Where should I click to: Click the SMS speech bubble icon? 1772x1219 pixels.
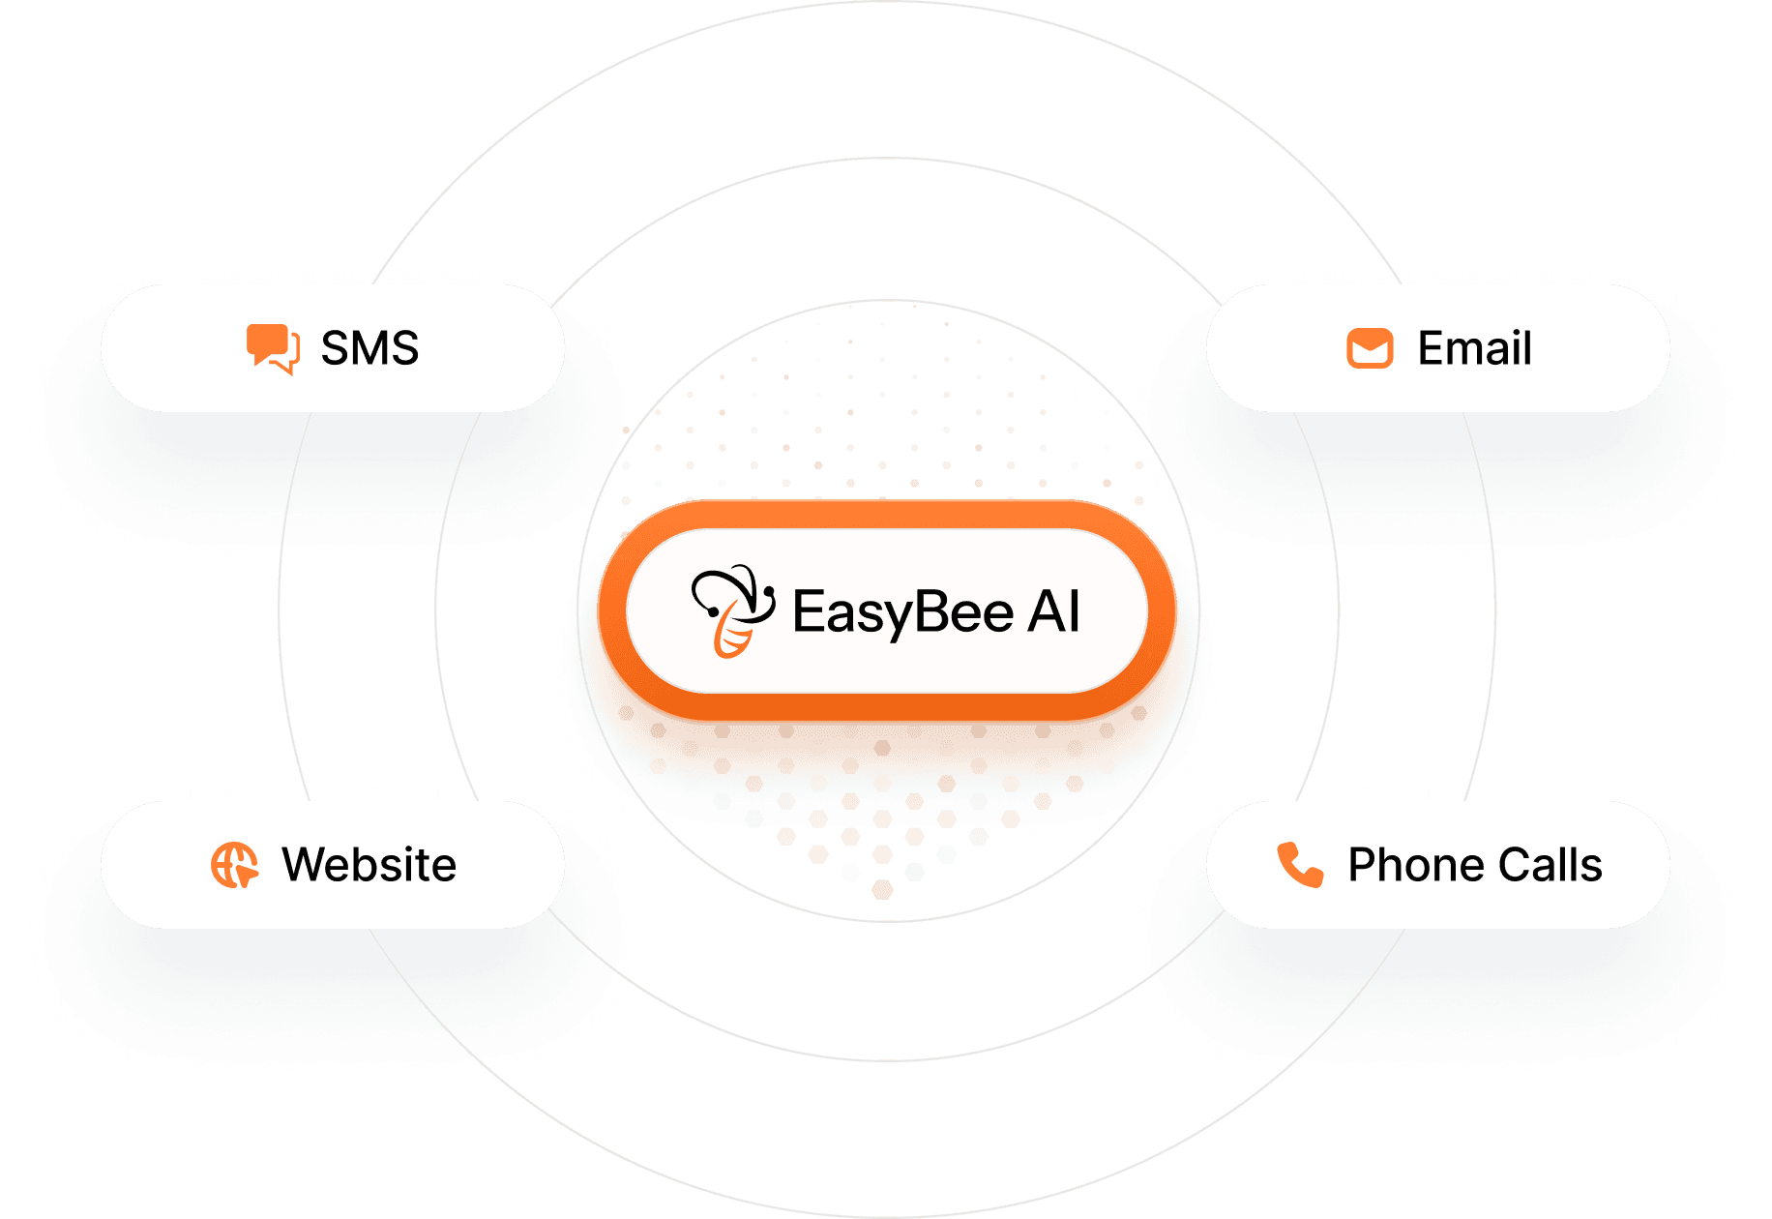point(272,348)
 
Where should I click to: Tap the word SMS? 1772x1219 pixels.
point(369,348)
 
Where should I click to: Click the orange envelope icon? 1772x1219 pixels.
point(1370,348)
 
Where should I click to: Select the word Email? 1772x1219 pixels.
point(1474,348)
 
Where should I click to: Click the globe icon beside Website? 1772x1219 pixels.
point(234,865)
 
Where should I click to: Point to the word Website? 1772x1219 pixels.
point(369,865)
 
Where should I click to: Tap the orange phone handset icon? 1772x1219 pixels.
point(1300,865)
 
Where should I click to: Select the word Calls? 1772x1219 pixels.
point(1550,865)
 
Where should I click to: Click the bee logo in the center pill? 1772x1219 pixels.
point(732,610)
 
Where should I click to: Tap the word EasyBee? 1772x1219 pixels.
point(902,612)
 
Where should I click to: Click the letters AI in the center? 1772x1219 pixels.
point(1053,612)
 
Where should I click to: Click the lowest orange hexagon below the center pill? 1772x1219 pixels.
point(882,889)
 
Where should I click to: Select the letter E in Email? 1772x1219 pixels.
point(1431,348)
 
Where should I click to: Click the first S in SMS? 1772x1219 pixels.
point(335,348)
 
